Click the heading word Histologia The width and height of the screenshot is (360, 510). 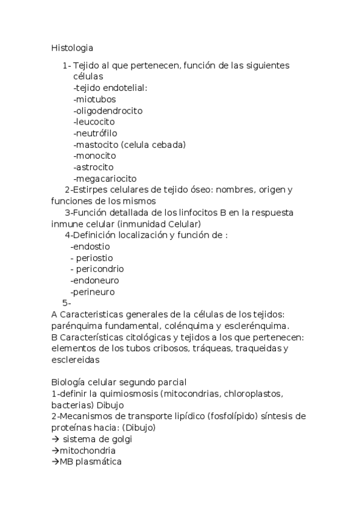[x=72, y=46]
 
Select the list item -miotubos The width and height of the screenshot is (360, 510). [x=94, y=99]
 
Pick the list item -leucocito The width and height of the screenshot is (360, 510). [x=94, y=121]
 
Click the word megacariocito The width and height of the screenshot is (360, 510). [x=106, y=178]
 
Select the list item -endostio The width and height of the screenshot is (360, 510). [x=90, y=246]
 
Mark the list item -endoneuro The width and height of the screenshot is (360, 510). [x=94, y=280]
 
